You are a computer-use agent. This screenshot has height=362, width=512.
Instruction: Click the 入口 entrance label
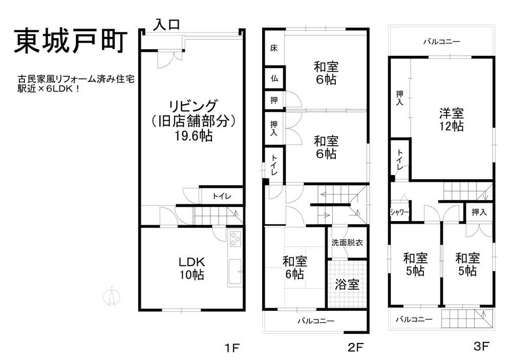[167, 25]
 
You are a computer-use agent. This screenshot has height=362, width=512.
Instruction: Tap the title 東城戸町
[71, 41]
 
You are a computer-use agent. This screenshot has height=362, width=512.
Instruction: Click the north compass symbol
[112, 296]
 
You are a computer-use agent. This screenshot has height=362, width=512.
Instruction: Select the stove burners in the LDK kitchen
[236, 238]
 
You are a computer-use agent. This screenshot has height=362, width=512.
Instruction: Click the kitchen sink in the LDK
[235, 272]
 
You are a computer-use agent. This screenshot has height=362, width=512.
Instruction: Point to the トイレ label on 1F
[222, 196]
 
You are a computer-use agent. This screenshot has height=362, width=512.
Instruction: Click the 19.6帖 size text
[194, 136]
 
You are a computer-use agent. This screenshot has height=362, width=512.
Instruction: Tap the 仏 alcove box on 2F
[274, 78]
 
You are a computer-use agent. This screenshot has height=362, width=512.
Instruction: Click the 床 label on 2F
[274, 48]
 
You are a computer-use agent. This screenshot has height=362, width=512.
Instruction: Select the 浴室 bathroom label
[347, 284]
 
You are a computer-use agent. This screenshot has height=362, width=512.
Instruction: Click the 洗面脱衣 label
[347, 243]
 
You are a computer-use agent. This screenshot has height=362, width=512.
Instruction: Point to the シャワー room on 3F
[400, 212]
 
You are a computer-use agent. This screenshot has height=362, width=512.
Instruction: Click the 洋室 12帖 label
[451, 119]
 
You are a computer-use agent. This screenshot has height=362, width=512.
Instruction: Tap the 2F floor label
[355, 347]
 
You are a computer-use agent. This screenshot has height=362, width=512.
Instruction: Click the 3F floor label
[481, 346]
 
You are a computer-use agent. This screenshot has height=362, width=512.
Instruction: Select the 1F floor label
[232, 348]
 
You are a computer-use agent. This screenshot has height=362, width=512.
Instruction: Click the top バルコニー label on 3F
[441, 41]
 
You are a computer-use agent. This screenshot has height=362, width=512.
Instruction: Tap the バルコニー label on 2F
[316, 321]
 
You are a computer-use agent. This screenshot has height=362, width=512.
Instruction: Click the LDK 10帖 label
[191, 268]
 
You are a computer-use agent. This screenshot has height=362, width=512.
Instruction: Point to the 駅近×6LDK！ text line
[49, 89]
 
